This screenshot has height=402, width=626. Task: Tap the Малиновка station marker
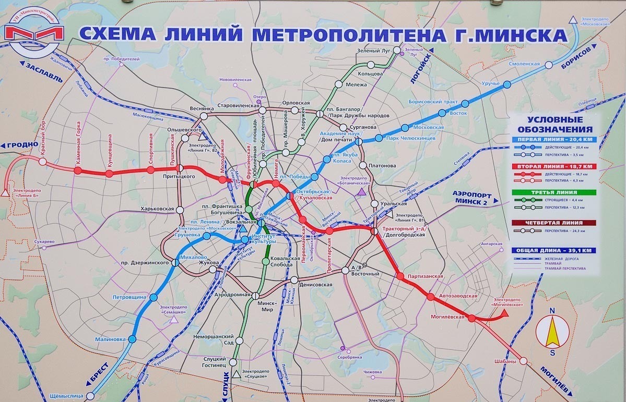click(x=132, y=339)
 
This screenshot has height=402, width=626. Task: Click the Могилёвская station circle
click(x=471, y=318)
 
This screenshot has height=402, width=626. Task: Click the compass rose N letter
click(x=552, y=311)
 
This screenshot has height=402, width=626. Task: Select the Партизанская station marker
click(x=400, y=276)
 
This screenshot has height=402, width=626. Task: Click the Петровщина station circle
click(x=153, y=297)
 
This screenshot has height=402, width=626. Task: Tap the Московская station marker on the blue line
click(x=404, y=128)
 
